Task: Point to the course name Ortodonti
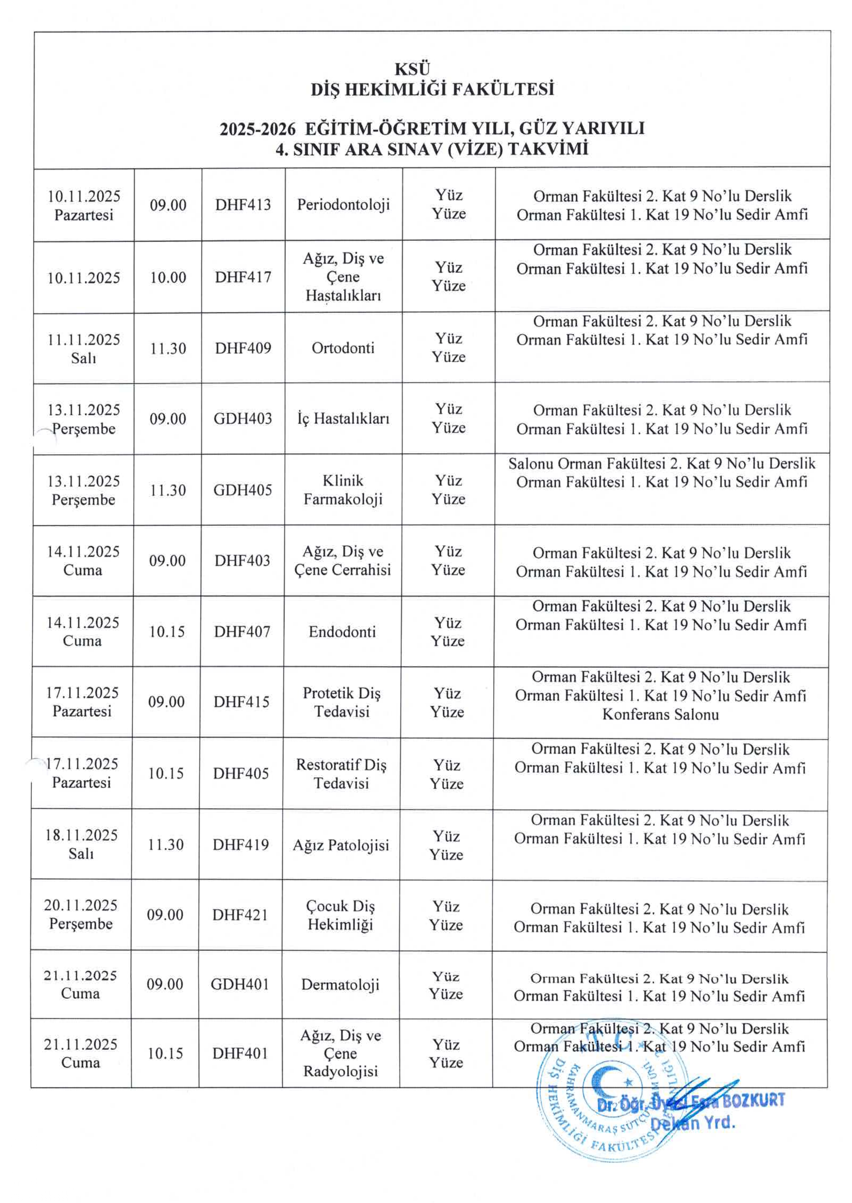343,348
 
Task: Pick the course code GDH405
242,490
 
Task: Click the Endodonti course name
342,632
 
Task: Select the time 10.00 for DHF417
168,278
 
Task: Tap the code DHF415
241,702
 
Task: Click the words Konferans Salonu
660,715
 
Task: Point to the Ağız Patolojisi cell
341,845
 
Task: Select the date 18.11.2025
81,835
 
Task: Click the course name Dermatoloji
340,985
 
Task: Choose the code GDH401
240,984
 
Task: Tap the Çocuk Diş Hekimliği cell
340,915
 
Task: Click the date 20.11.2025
81,906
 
